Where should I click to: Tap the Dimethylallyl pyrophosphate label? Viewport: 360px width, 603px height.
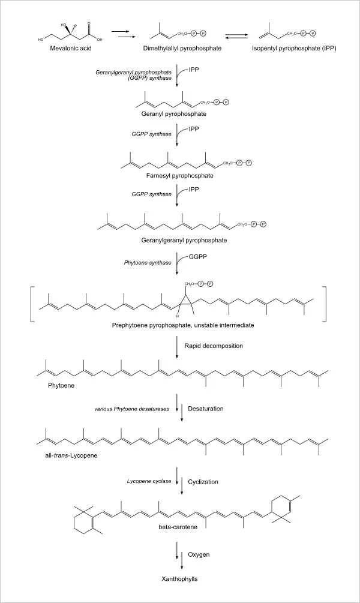pyautogui.click(x=178, y=47)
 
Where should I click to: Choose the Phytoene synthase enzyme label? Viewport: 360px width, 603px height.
pyautogui.click(x=149, y=262)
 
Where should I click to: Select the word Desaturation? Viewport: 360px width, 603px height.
pyautogui.click(x=206, y=409)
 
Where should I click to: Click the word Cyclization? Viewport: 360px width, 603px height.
pyautogui.click(x=204, y=481)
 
